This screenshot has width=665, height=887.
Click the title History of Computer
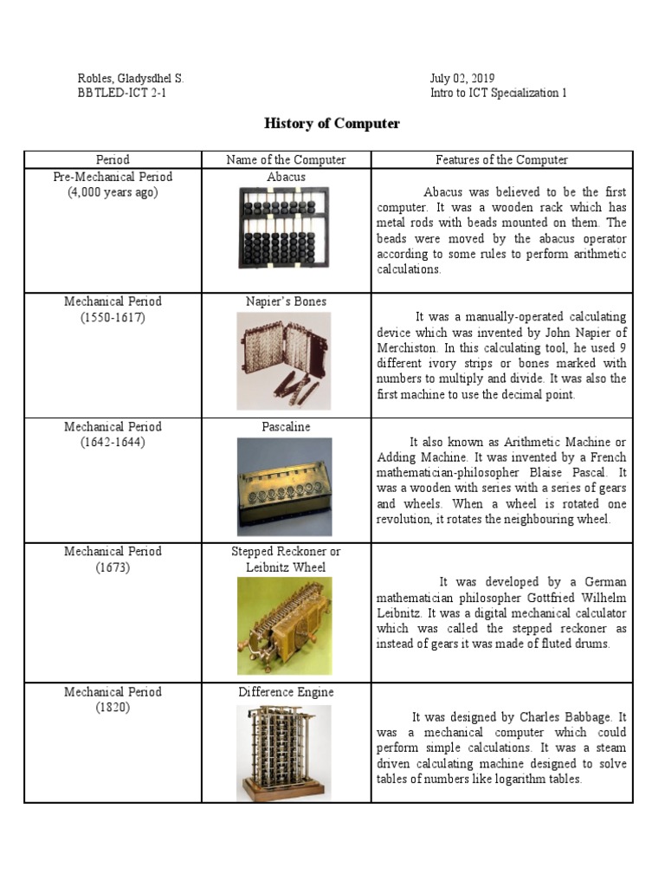click(x=332, y=124)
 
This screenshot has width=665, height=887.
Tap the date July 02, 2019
click(x=462, y=79)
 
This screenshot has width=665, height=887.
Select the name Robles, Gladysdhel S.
click(x=131, y=79)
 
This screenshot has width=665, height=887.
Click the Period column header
click(x=113, y=159)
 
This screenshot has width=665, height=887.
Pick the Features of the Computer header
click(x=501, y=159)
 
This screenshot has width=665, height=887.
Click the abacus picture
click(x=285, y=229)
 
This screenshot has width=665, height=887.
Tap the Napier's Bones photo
click(x=285, y=360)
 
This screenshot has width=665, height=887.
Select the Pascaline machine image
click(x=285, y=485)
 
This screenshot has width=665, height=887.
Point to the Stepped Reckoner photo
click(x=285, y=625)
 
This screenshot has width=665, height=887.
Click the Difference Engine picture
click(x=285, y=752)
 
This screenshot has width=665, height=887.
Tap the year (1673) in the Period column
click(x=113, y=567)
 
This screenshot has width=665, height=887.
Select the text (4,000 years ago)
click(x=113, y=192)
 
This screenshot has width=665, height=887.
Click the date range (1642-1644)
click(x=113, y=442)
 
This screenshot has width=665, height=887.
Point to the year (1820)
click(x=113, y=708)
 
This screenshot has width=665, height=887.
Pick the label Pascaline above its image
click(x=286, y=427)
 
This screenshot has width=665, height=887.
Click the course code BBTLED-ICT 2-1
click(x=122, y=94)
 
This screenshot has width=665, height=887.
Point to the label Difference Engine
click(x=286, y=692)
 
